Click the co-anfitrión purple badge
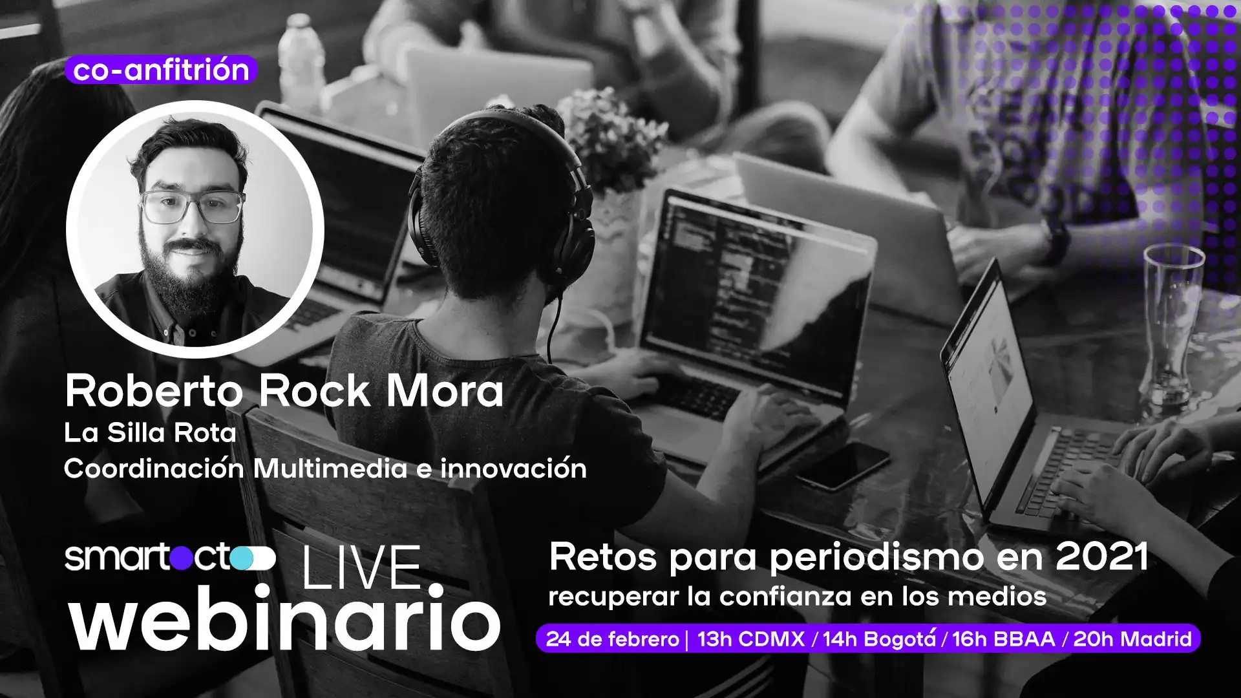tap(161, 70)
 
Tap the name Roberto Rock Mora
tap(284, 392)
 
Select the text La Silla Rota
tap(150, 433)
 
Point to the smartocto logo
tap(170, 558)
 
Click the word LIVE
tap(362, 567)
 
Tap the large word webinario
tap(284, 619)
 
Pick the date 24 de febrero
tap(612, 639)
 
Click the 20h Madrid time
tap(1132, 639)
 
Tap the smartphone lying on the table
tap(843, 465)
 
